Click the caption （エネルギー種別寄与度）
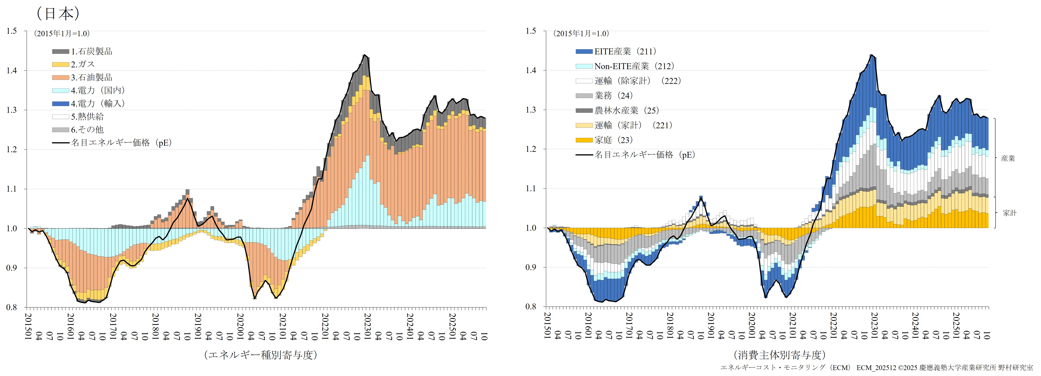pyautogui.click(x=261, y=355)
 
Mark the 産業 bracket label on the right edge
pyautogui.click(x=1008, y=159)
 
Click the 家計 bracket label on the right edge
pyautogui.click(x=1009, y=213)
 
